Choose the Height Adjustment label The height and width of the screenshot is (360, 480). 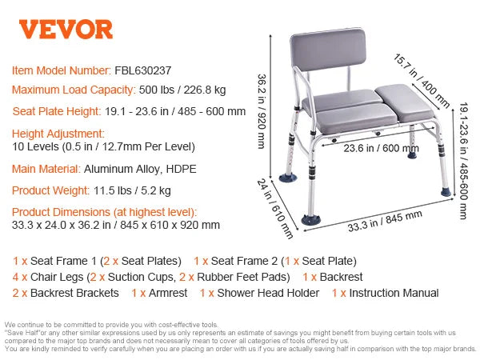58,133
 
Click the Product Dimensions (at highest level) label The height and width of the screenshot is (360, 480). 104,212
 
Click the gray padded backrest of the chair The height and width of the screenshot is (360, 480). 329,62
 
